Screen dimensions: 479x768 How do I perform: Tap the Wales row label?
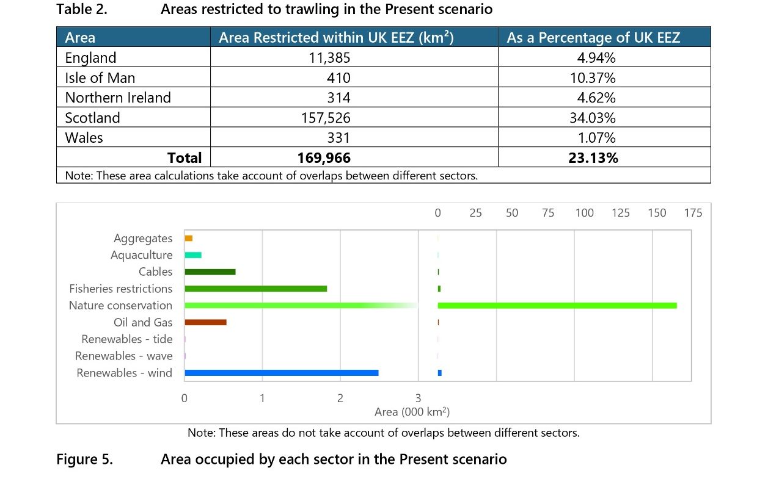tap(84, 137)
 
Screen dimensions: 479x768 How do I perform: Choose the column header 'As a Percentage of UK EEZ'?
tap(593, 37)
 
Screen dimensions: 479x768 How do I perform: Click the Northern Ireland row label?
tap(118, 98)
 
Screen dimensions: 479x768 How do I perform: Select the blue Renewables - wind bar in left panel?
tap(281, 373)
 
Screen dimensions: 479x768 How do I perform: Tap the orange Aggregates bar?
tap(189, 238)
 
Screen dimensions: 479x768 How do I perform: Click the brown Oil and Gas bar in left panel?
tap(205, 322)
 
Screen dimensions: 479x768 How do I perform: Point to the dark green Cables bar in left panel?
tap(210, 272)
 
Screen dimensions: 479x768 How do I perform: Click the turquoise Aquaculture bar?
tap(193, 255)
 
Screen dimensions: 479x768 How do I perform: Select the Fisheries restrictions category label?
tap(121, 289)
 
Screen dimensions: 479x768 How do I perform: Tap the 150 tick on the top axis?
tap(657, 213)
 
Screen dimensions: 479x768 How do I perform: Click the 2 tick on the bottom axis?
tap(340, 398)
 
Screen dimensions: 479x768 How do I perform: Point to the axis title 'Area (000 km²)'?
tap(412, 412)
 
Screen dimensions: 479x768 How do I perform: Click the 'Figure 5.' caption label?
tap(84, 459)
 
